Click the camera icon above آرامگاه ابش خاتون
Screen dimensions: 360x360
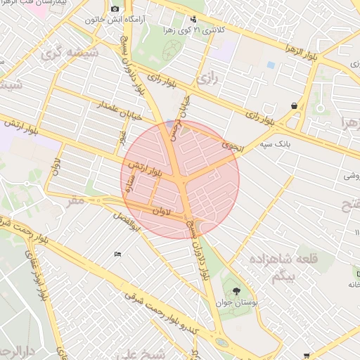(x=115, y=8)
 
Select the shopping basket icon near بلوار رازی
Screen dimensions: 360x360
(x=293, y=106)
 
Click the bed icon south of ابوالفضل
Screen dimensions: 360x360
(x=117, y=254)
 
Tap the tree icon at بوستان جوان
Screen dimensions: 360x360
(x=236, y=290)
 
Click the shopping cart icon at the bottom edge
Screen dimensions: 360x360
(x=306, y=356)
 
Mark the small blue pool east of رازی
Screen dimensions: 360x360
(x=271, y=65)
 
